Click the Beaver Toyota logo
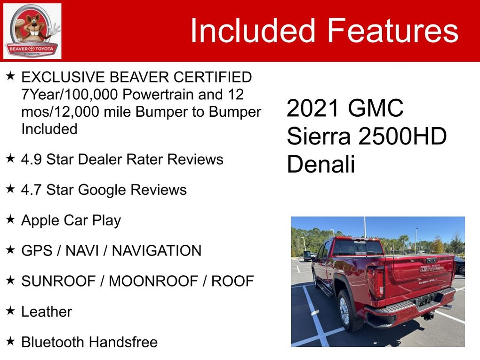point(32,31)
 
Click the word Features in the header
point(393,30)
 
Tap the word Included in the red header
point(253,30)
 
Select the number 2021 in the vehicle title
point(313,108)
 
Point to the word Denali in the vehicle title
point(320,164)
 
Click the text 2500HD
point(402,136)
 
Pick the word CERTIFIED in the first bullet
point(212,77)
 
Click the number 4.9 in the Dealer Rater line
point(32,160)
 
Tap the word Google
point(102,190)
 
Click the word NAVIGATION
point(157,251)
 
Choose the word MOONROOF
point(153,281)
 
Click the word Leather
point(47,312)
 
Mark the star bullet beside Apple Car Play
point(10,219)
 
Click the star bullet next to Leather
point(10,311)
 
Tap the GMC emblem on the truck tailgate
point(430,268)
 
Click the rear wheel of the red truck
point(347,311)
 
